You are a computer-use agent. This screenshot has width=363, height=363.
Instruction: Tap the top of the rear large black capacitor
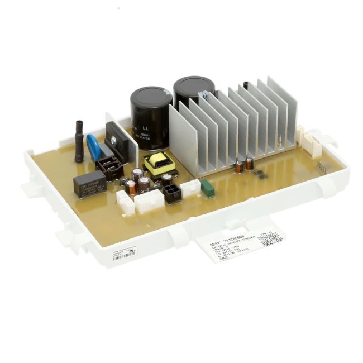coord(194,84)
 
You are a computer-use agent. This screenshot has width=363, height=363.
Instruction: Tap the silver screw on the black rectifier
coord(113,142)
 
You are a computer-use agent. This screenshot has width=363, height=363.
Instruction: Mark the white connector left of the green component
coord(190,188)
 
